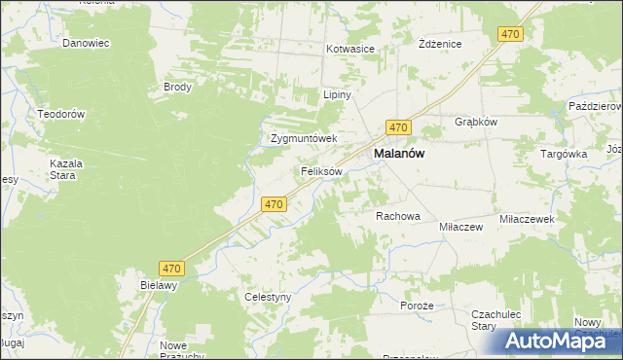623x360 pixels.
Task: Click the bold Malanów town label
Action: click(x=399, y=154)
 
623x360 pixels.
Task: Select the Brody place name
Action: click(x=178, y=87)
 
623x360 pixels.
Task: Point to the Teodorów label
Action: click(x=62, y=114)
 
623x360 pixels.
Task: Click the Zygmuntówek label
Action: click(x=303, y=138)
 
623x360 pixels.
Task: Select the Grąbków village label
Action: click(x=476, y=123)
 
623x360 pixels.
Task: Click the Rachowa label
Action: click(x=397, y=216)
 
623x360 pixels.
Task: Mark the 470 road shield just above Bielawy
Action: click(x=172, y=267)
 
